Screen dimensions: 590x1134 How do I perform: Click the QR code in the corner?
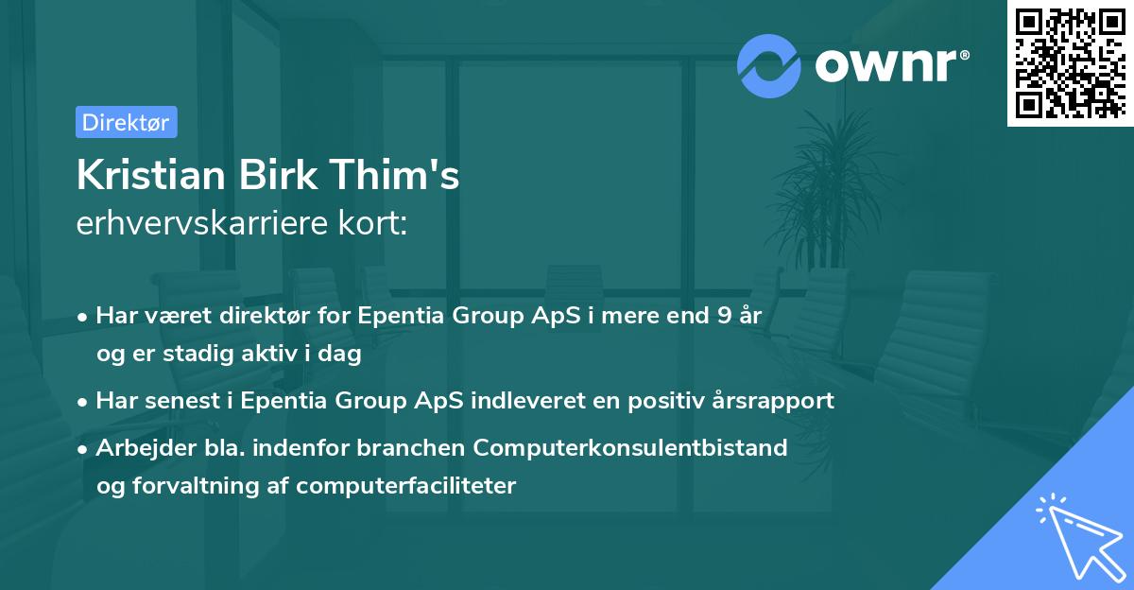pos(1070,63)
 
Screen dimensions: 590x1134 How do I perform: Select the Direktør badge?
pos(126,122)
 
